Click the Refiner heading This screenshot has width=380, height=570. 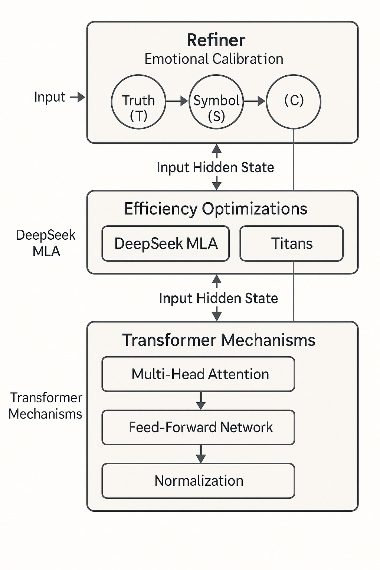(216, 40)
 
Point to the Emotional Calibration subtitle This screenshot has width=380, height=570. (214, 59)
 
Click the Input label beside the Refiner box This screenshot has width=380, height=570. (50, 97)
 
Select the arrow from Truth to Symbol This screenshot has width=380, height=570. (177, 101)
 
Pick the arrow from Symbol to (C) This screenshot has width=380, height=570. (255, 101)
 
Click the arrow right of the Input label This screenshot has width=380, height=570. (78, 97)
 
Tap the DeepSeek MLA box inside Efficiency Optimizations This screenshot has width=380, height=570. (166, 243)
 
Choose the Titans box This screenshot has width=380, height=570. (292, 243)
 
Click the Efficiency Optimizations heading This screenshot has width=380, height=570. (216, 209)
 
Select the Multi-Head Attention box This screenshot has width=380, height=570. (198, 374)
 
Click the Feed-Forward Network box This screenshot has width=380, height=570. (198, 427)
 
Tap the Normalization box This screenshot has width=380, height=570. (198, 481)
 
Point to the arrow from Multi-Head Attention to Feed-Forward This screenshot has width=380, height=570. (201, 400)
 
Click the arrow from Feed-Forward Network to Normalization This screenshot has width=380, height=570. (201, 454)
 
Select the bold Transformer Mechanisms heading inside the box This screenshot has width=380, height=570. (219, 340)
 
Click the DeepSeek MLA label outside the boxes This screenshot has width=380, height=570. (46, 243)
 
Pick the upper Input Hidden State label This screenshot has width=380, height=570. (215, 168)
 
